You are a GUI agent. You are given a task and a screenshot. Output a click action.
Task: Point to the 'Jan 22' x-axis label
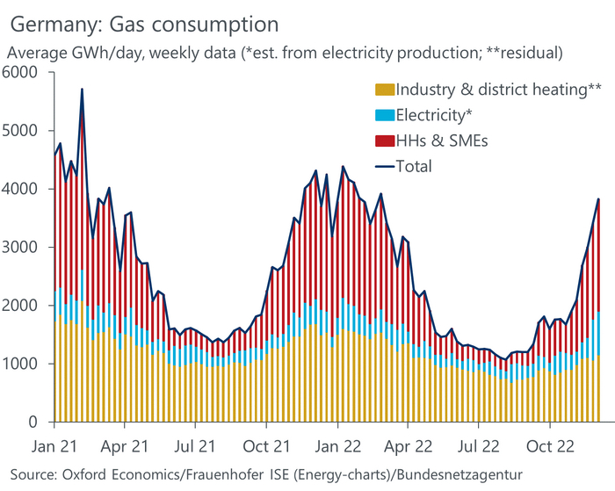click(x=337, y=445)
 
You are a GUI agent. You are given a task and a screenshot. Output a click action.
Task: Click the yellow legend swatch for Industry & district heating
click(x=385, y=90)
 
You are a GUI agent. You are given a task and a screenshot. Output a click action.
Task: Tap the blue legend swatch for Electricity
click(x=385, y=115)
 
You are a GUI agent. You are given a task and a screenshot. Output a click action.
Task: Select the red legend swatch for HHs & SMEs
click(x=385, y=141)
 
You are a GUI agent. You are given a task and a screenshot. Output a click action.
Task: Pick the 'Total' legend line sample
click(x=385, y=165)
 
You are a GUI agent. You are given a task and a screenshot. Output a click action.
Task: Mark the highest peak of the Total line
click(x=82, y=89)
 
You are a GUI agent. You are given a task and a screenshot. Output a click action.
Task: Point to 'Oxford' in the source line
click(x=90, y=474)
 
